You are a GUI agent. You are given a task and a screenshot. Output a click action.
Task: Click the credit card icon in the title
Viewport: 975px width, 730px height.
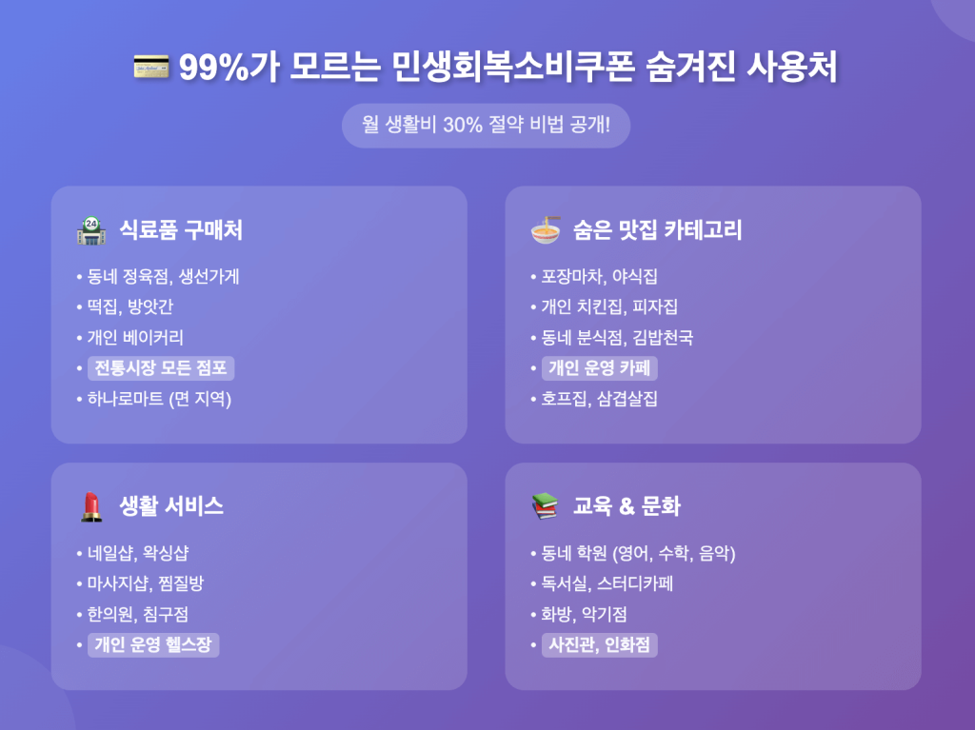point(151,68)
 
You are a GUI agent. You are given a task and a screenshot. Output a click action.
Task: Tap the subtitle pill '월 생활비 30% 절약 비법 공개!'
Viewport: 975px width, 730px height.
point(487,125)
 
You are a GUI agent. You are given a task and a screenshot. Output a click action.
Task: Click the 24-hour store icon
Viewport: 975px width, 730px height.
point(91,230)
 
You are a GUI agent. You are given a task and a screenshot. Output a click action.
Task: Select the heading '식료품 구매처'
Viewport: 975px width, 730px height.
point(181,230)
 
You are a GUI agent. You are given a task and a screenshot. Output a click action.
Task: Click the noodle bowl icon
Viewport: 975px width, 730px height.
point(546,230)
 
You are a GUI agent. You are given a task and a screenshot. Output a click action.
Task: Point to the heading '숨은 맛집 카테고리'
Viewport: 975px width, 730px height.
point(657,230)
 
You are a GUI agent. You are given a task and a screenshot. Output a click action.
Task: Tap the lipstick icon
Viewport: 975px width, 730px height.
point(91,506)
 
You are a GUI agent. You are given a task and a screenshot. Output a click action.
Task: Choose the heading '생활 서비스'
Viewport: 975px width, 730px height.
point(171,506)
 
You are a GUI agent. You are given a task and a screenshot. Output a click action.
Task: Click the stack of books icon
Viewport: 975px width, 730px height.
point(546,506)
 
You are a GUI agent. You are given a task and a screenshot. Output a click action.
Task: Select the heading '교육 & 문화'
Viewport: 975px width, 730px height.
point(627,506)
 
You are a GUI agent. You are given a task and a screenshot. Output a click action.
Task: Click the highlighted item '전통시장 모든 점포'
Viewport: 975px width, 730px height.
point(161,368)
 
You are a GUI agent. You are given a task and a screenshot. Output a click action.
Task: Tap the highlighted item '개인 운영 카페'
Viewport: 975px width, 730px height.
point(600,368)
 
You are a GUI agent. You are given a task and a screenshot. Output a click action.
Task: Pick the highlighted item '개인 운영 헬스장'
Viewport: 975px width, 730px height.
point(153,644)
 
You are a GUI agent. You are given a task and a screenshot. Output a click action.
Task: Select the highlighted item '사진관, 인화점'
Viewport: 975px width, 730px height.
point(600,644)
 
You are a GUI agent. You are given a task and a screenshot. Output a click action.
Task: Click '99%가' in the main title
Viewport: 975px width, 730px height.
point(229,68)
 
